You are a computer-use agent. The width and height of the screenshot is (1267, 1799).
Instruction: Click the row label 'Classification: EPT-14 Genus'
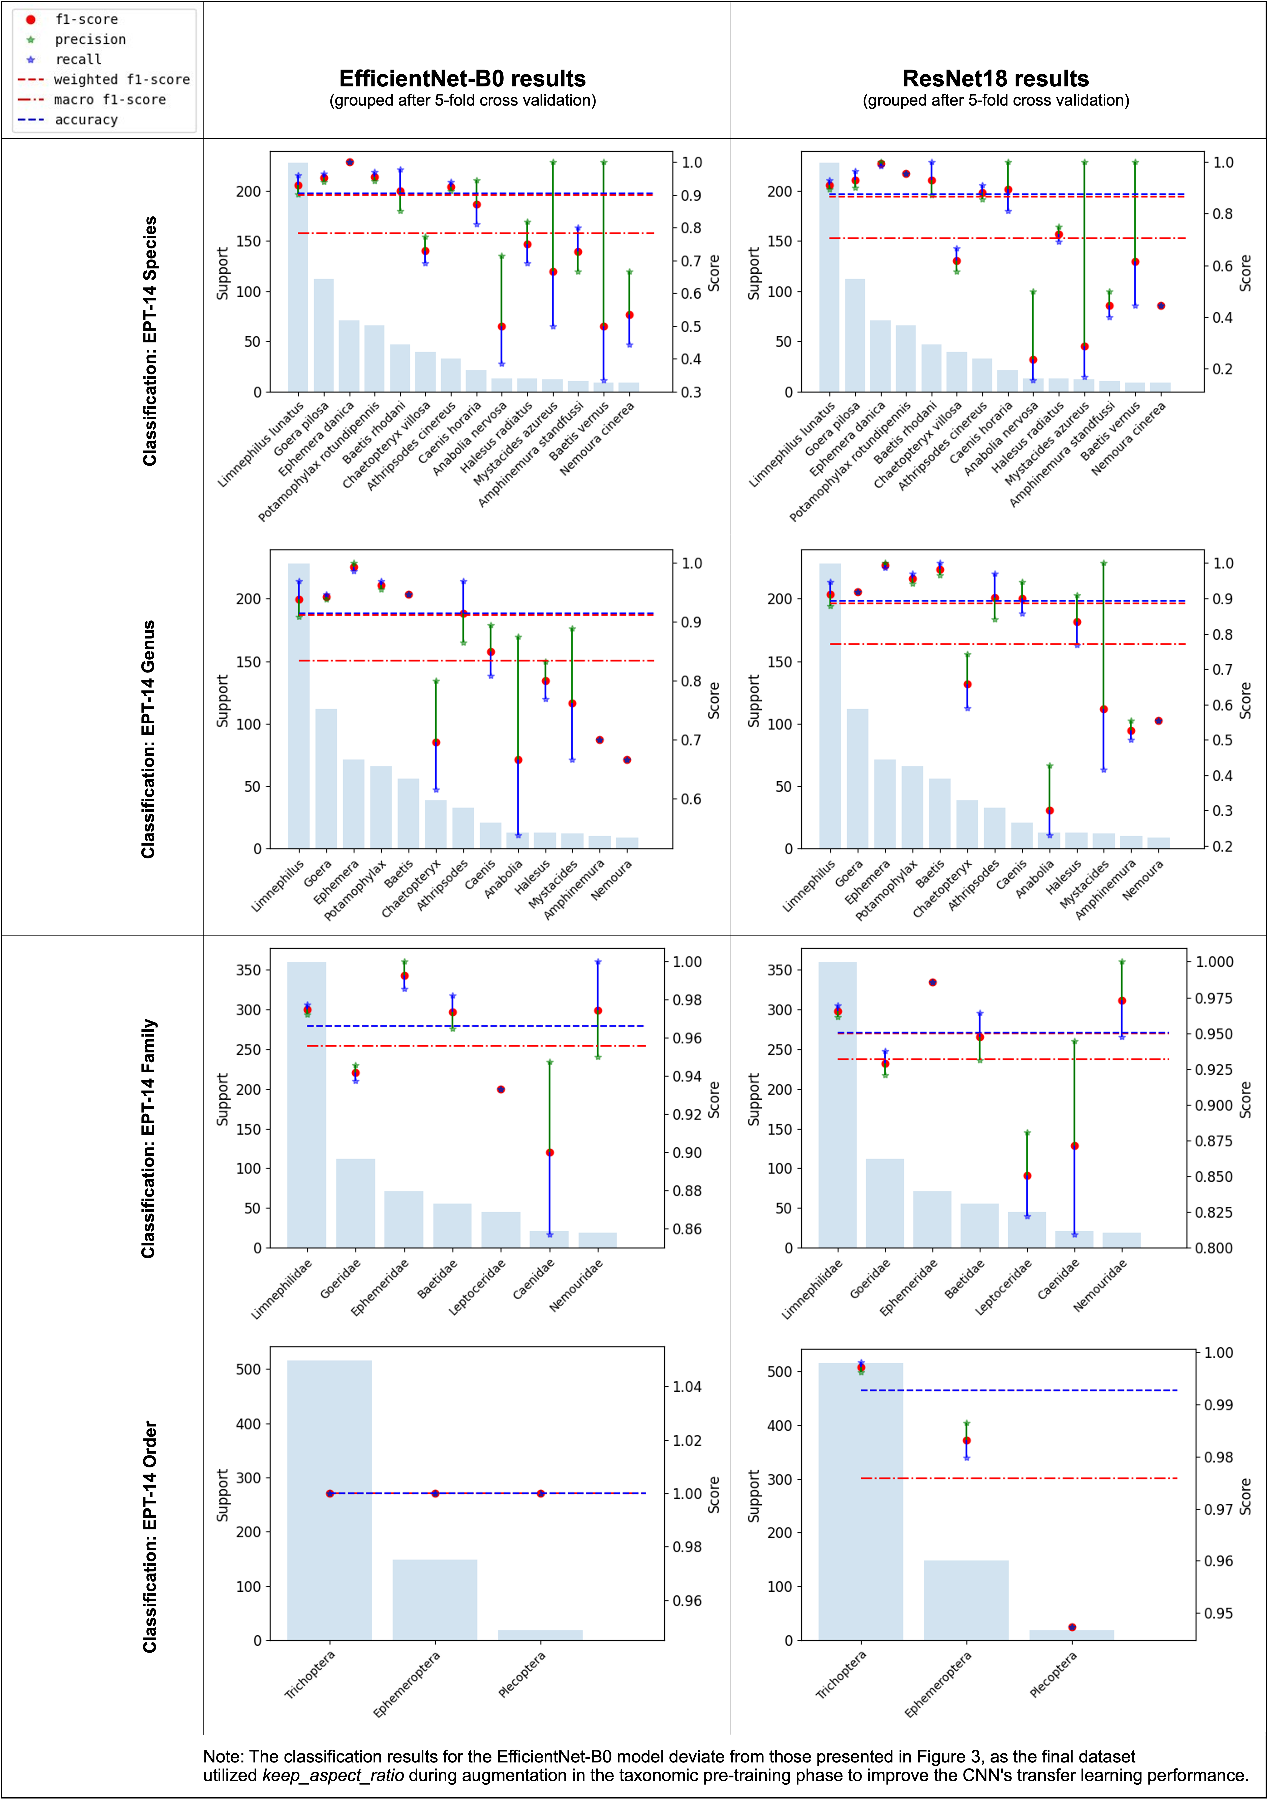coord(149,739)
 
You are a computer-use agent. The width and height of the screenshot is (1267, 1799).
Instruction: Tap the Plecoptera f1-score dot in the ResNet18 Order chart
coord(1072,1627)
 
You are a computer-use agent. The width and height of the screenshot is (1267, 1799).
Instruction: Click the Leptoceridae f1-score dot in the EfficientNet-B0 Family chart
coord(501,1089)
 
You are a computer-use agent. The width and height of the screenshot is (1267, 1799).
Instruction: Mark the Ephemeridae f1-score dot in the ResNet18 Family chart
coord(933,983)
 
